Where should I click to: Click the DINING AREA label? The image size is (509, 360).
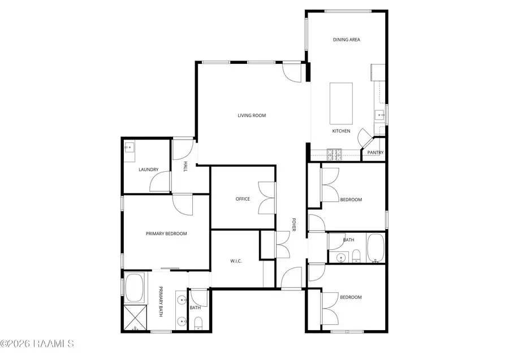click(x=346, y=40)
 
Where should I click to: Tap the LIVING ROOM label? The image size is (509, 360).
click(x=252, y=115)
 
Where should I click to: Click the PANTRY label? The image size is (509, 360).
click(x=376, y=153)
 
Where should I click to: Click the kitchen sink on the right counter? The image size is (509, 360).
click(x=379, y=116)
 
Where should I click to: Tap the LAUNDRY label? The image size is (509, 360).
click(x=148, y=169)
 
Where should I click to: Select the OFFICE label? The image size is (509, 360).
click(x=243, y=199)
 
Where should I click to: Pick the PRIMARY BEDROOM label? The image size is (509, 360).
click(x=166, y=233)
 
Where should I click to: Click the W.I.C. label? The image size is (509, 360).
click(x=236, y=261)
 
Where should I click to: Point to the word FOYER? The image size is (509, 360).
click(x=294, y=225)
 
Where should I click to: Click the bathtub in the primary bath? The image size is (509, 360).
click(x=135, y=288)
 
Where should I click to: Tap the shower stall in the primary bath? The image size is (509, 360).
click(x=135, y=319)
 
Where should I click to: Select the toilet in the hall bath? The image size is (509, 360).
click(x=356, y=259)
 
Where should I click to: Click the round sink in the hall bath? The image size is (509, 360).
click(x=341, y=258)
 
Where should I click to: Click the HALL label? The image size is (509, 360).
click(x=185, y=167)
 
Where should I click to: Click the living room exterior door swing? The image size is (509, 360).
click(x=292, y=71)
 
